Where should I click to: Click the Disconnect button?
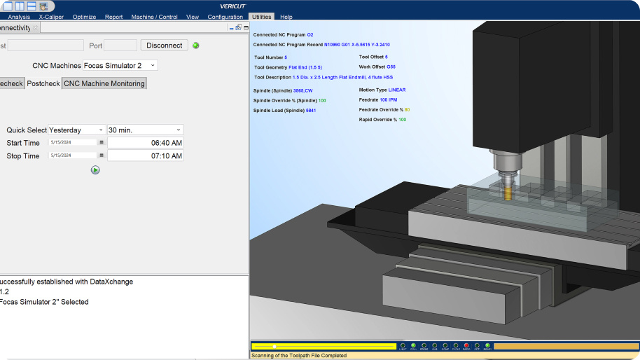click(x=165, y=46)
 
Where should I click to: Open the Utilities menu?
click(x=261, y=17)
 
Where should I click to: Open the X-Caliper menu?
click(x=52, y=17)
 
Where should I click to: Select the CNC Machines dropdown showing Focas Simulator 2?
click(x=120, y=65)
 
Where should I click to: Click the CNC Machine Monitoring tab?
click(x=104, y=83)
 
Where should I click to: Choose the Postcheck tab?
click(x=43, y=83)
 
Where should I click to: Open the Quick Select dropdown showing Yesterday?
click(x=76, y=130)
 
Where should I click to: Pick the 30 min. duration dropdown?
click(x=145, y=130)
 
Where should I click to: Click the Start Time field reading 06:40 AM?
click(x=145, y=143)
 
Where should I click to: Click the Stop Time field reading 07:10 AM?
click(x=145, y=156)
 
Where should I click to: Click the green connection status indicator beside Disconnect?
click(x=196, y=46)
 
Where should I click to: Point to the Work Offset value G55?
click(x=391, y=67)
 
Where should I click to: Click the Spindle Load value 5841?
click(x=310, y=111)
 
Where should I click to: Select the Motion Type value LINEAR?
click(x=397, y=90)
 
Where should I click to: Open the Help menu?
click(x=286, y=17)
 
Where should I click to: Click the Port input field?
click(x=120, y=46)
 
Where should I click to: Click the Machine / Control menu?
click(x=154, y=17)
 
